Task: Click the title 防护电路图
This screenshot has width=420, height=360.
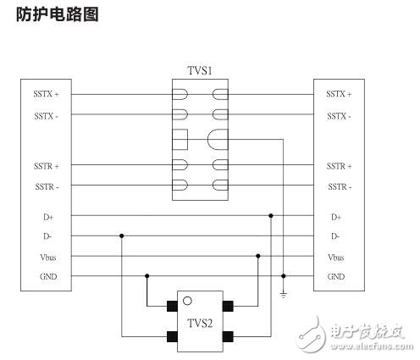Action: pos(58,15)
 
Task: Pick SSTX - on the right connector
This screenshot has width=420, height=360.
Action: pos(338,115)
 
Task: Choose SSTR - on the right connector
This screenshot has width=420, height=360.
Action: pos(338,186)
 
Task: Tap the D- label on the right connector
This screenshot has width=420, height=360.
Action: pos(335,236)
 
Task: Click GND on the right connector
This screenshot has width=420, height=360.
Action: pos(336,277)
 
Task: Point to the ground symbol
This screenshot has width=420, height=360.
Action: pos(284,294)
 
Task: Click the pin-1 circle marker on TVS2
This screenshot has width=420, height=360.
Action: pos(187,300)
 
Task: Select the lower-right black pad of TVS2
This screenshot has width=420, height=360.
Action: pos(228,336)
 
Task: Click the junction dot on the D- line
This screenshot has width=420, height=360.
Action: pos(122,236)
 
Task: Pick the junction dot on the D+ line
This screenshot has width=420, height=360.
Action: pos(271,216)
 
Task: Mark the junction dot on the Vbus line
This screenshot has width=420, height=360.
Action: pos(257,256)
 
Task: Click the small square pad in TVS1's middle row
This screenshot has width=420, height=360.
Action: pos(179,139)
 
